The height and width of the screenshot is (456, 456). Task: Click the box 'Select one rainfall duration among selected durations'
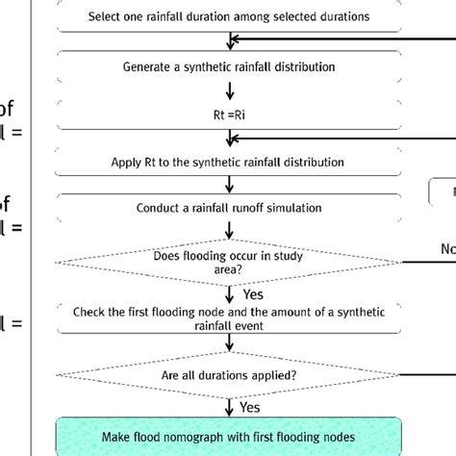point(229,16)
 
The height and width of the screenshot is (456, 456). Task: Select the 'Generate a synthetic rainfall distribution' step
point(229,66)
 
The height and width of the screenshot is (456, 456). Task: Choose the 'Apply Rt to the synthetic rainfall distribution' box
point(229,162)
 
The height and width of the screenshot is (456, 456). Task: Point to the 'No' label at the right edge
point(446,248)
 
